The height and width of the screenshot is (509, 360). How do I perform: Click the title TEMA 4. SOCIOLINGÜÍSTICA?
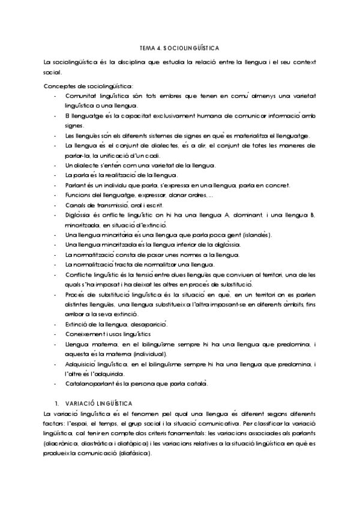[179, 47]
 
